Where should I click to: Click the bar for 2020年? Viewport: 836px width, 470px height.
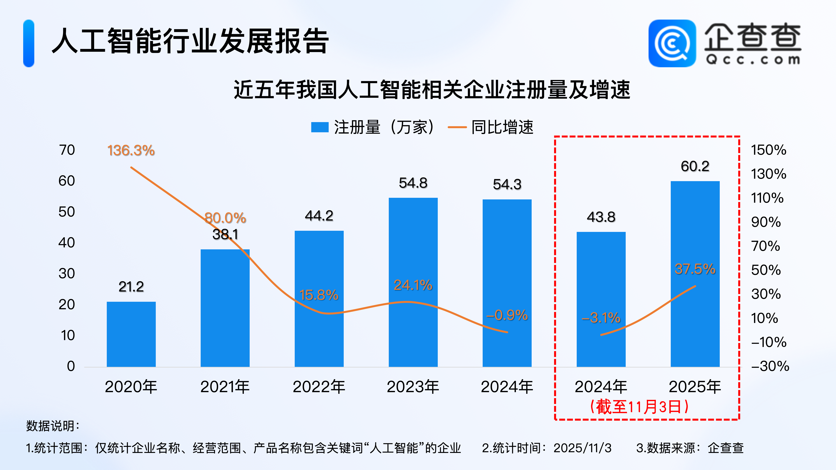[x=131, y=334]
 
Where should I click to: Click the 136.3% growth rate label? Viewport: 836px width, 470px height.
[x=131, y=150]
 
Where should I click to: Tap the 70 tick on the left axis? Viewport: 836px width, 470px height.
[x=67, y=150]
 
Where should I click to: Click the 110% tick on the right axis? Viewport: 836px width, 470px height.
[x=767, y=198]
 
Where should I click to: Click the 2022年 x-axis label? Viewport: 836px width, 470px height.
[x=319, y=387]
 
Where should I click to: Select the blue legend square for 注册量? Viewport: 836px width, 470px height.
[x=320, y=127]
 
